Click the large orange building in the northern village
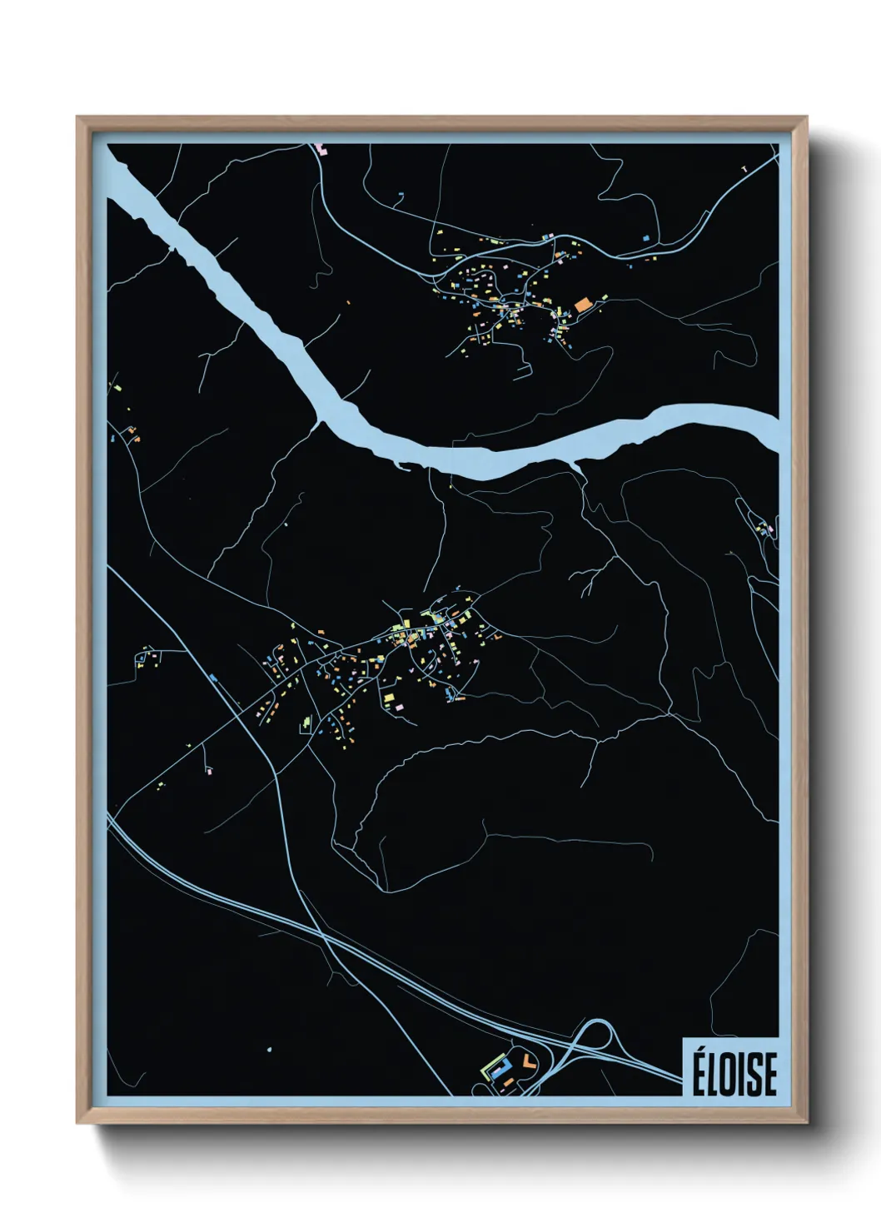coord(582,305)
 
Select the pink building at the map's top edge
coord(322,150)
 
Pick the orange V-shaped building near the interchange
coord(527,1061)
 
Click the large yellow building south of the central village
coord(388,698)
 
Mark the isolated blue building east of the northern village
coord(645,238)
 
